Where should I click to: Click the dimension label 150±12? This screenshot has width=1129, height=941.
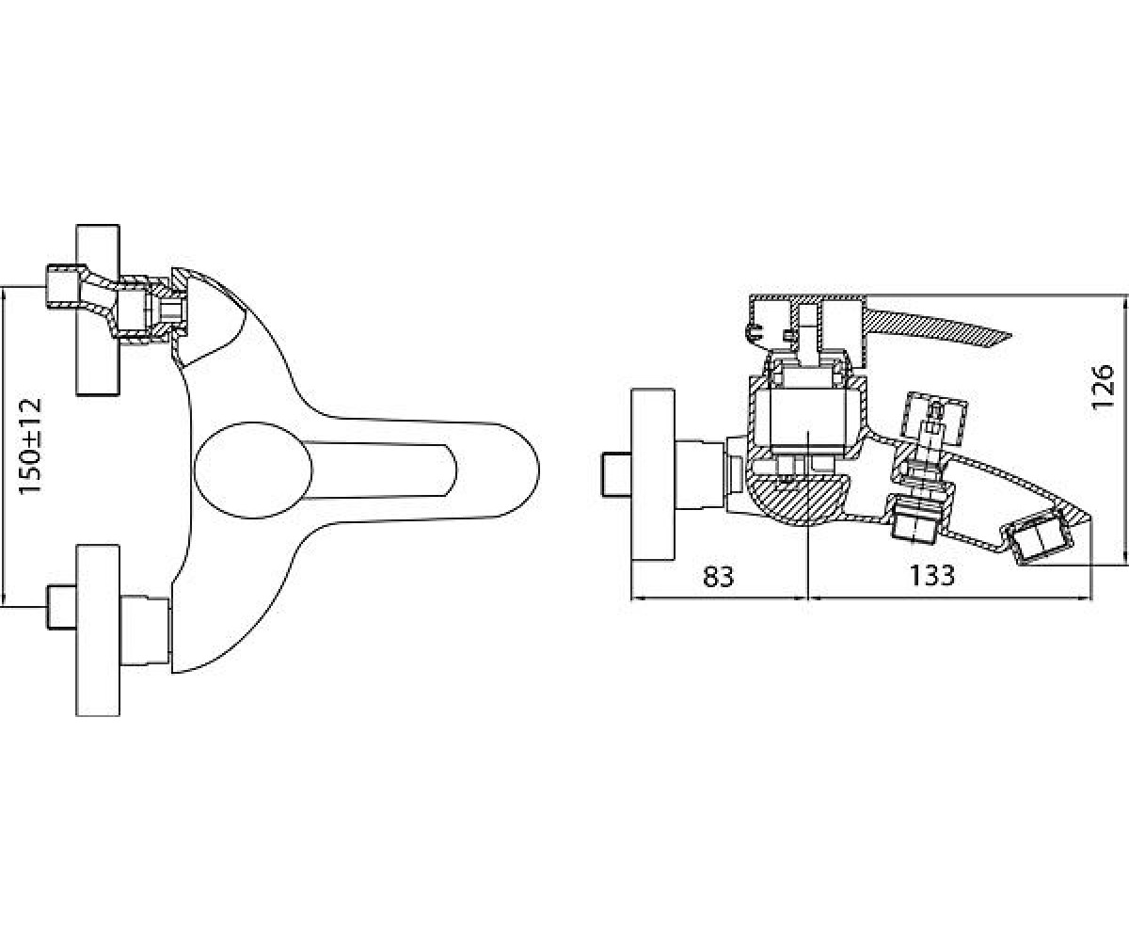point(30,447)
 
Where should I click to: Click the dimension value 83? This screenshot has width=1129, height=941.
point(719,577)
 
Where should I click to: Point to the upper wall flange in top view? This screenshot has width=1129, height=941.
point(98,310)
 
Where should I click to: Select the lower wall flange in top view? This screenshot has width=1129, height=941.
point(98,630)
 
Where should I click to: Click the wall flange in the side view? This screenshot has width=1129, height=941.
point(653,474)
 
